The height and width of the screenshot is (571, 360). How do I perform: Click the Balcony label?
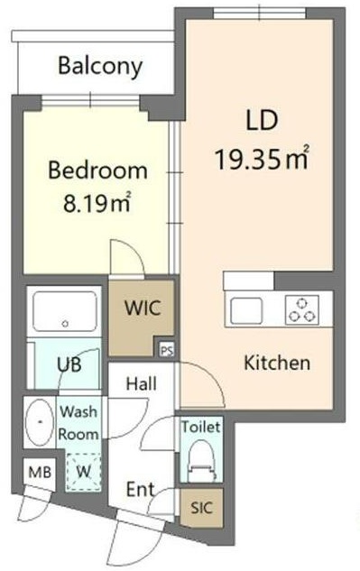coord(100,67)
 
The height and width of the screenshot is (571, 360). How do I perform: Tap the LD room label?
coord(262,121)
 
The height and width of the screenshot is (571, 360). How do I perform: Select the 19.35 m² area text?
coord(263,158)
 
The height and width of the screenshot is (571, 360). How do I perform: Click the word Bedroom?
coord(97,170)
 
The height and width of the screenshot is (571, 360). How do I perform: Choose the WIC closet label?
coord(143,309)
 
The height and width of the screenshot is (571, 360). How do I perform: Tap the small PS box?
coord(167,350)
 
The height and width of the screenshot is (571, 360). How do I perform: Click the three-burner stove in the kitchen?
coord(302,310)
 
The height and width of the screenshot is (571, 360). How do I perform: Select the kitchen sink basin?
coord(246,310)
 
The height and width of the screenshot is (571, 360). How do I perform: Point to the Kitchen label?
coord(277,363)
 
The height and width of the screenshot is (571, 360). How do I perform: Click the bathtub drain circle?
coord(65,324)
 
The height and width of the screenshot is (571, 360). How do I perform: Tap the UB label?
coord(69,364)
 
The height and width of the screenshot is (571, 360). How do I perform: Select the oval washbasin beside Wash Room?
coord(40,422)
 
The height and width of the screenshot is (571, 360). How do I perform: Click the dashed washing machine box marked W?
coord(83,472)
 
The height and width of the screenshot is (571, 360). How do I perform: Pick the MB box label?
coord(40,473)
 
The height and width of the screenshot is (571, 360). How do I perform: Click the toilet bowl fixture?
coord(201,461)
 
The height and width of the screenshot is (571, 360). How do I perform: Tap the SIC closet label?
coord(201,508)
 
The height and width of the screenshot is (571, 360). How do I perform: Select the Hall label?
coord(142,383)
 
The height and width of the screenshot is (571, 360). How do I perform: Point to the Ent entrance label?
coord(140,490)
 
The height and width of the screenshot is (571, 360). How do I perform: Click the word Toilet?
coord(201,427)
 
